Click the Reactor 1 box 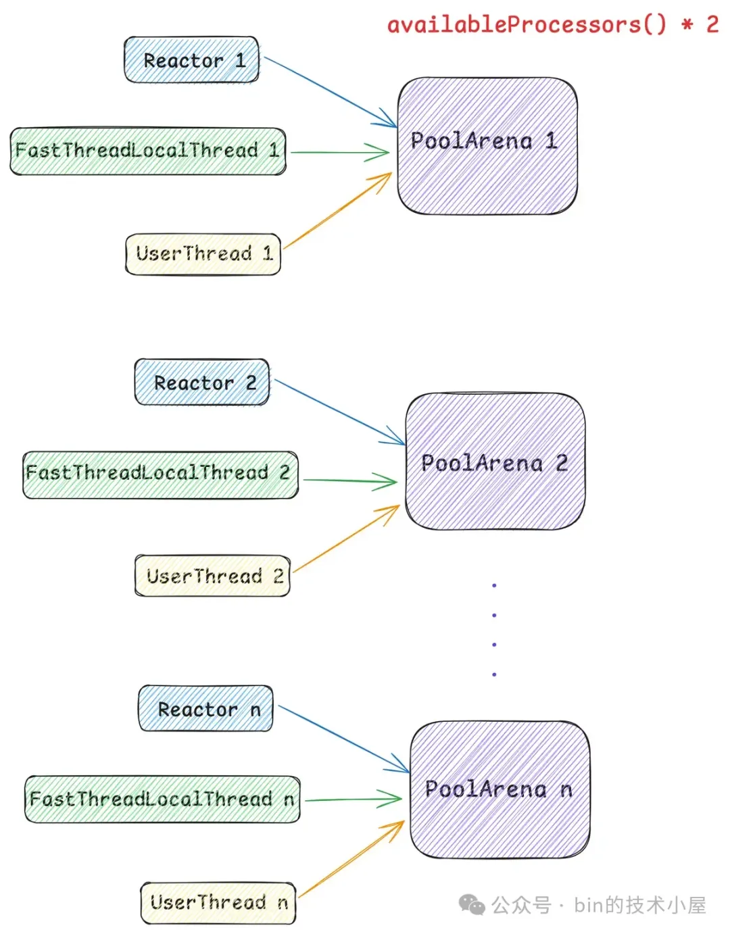[191, 60]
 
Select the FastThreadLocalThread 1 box [148, 151]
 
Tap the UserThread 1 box [203, 254]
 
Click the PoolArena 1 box [487, 146]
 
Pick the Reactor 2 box [202, 383]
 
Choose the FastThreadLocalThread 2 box [160, 474]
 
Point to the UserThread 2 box [212, 576]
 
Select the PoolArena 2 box [495, 462]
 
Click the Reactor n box [205, 709]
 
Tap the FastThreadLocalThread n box [162, 800]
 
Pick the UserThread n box [218, 903]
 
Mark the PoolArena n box [500, 789]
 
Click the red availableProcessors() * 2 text [552, 25]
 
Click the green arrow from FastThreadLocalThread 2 [349, 481]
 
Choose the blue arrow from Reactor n [343, 739]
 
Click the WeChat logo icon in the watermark [472, 904]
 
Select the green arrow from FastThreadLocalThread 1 [340, 152]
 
